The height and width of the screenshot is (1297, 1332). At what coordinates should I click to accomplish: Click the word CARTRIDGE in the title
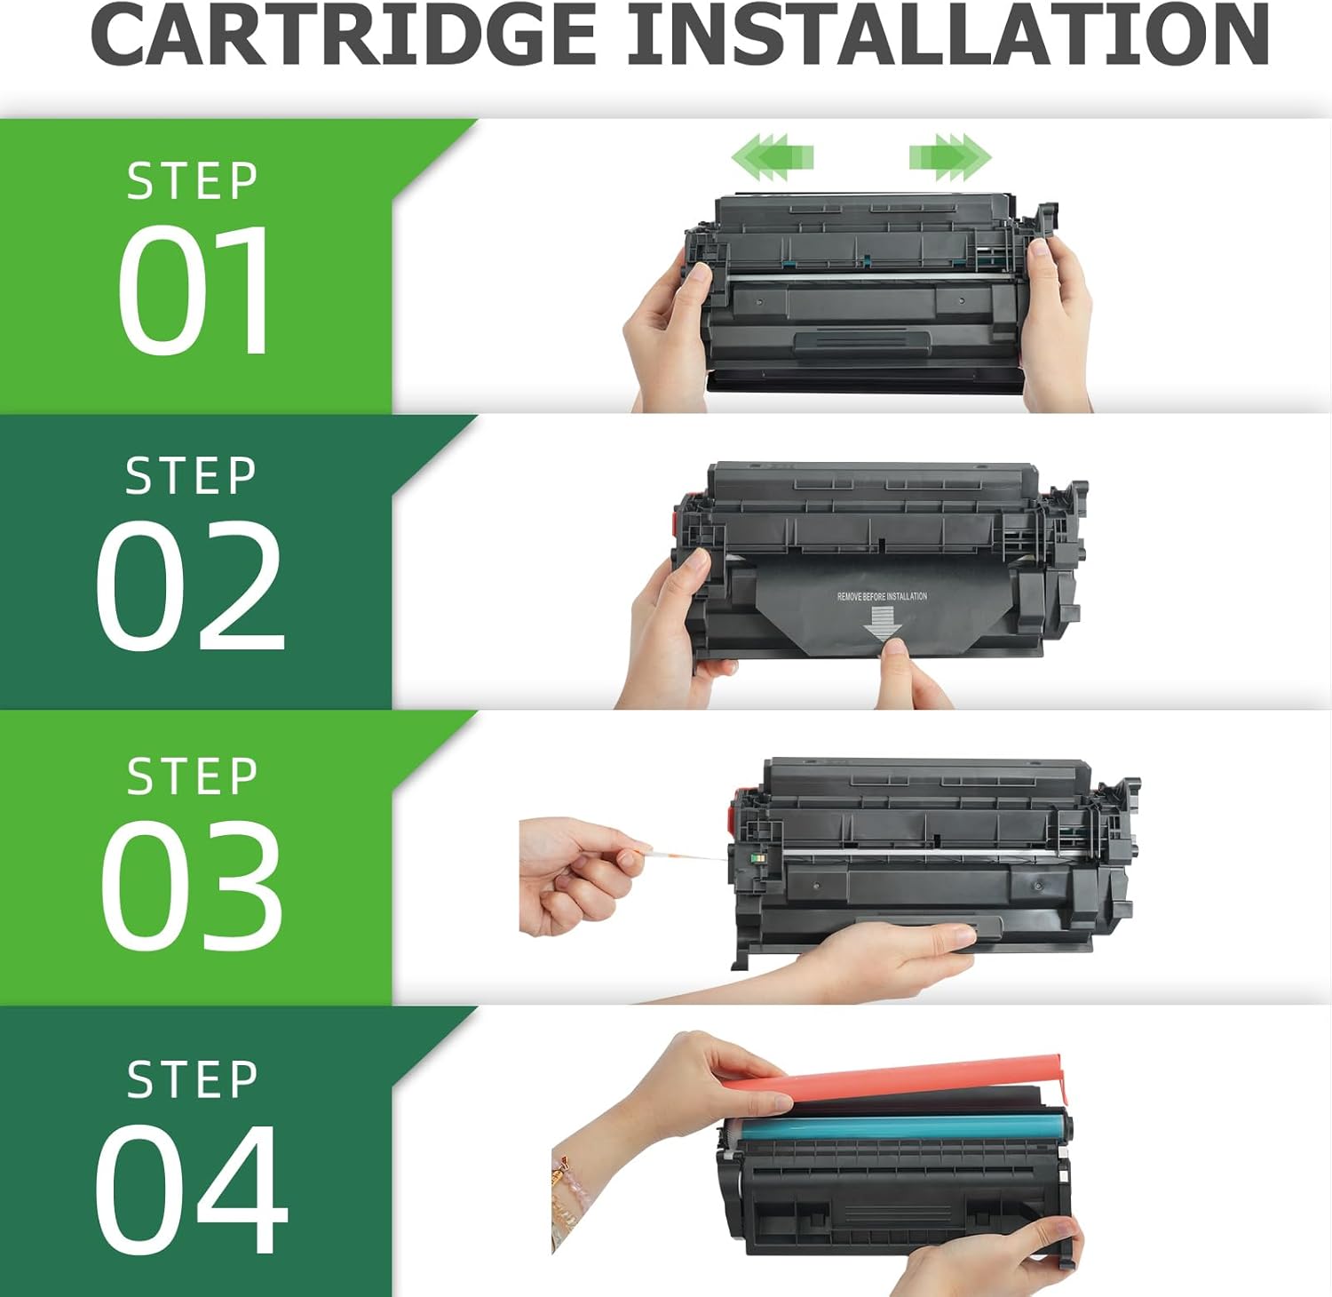coord(344,36)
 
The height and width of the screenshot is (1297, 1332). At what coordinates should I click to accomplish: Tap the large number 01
coord(194,290)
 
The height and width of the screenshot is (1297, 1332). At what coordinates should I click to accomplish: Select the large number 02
coord(190,585)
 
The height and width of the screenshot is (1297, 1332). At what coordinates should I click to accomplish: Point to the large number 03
coord(192,884)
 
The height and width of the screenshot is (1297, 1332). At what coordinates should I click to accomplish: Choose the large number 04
coord(192,1188)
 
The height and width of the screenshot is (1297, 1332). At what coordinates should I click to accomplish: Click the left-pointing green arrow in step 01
coord(772,157)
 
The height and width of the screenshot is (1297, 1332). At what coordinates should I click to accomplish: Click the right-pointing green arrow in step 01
coord(949,157)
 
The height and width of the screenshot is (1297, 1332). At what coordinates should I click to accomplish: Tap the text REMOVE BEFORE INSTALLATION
coord(882,596)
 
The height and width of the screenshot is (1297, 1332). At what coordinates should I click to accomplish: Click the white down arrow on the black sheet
coord(882,622)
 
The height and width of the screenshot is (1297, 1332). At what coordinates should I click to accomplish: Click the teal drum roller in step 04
coord(897,1126)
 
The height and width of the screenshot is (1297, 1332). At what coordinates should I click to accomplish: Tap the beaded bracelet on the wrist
coord(565,1195)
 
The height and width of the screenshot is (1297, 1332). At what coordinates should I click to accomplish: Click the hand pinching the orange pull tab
coord(577,875)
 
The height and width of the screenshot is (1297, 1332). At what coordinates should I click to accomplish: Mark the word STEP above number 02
coord(192,477)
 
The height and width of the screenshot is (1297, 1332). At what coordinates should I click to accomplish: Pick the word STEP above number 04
coord(193,1080)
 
